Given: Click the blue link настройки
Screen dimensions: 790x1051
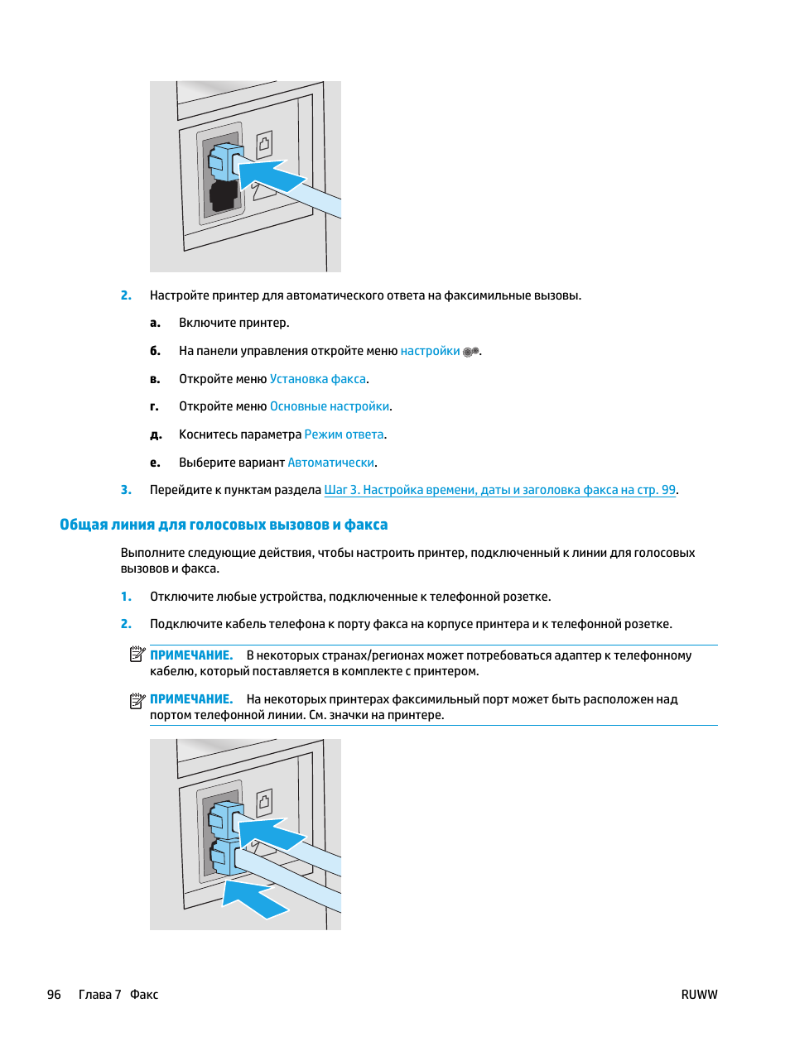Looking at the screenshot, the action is tap(430, 352).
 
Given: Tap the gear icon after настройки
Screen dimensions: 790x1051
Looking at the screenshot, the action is tap(470, 352).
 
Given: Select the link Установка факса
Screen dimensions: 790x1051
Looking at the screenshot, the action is tap(318, 379).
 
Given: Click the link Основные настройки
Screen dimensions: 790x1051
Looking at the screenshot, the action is tap(330, 406).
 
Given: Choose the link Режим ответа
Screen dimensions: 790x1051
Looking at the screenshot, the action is tap(344, 434).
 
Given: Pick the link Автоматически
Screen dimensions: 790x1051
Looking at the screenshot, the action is tap(331, 463).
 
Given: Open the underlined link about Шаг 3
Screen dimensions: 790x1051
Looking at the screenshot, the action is tap(499, 490).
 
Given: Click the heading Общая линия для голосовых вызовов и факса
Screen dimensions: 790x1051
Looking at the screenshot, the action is tap(224, 525).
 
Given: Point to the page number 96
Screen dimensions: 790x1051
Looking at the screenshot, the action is tap(54, 995).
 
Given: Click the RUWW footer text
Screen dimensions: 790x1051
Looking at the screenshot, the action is tap(699, 995).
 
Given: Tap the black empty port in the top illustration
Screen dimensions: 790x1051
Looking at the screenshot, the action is tap(224, 195).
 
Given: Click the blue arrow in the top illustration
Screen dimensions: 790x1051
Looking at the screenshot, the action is tap(269, 175).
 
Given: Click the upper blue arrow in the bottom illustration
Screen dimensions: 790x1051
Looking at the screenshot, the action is tap(271, 833).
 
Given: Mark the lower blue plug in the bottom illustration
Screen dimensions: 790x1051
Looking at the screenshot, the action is tap(225, 857).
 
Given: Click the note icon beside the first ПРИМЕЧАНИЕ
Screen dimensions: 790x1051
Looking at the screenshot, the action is tap(137, 654).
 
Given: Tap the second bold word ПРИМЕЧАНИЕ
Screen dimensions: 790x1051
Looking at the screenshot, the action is tap(191, 699).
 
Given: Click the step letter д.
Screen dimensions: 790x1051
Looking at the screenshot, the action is tap(156, 434).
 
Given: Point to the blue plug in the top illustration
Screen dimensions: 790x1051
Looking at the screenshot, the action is tap(225, 161).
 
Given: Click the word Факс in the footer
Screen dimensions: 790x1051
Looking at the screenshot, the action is tap(144, 995).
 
